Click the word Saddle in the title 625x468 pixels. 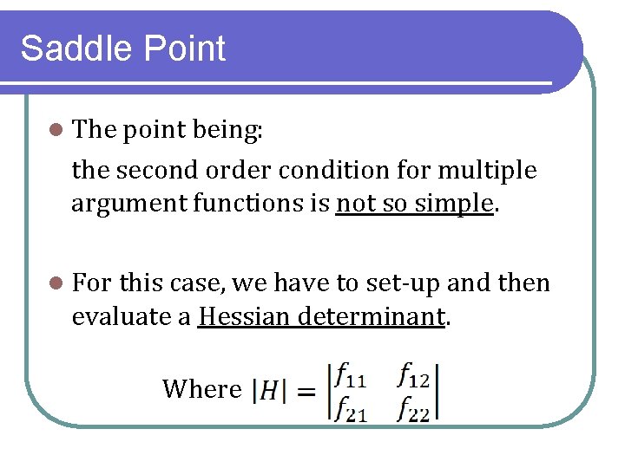point(72,49)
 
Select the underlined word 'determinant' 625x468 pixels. point(371,316)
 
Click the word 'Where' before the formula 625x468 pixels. point(201,389)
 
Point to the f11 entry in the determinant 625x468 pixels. point(350,376)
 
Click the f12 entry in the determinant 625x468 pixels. point(414,375)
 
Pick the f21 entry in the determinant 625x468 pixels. point(351,408)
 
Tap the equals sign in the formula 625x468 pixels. point(306,393)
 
